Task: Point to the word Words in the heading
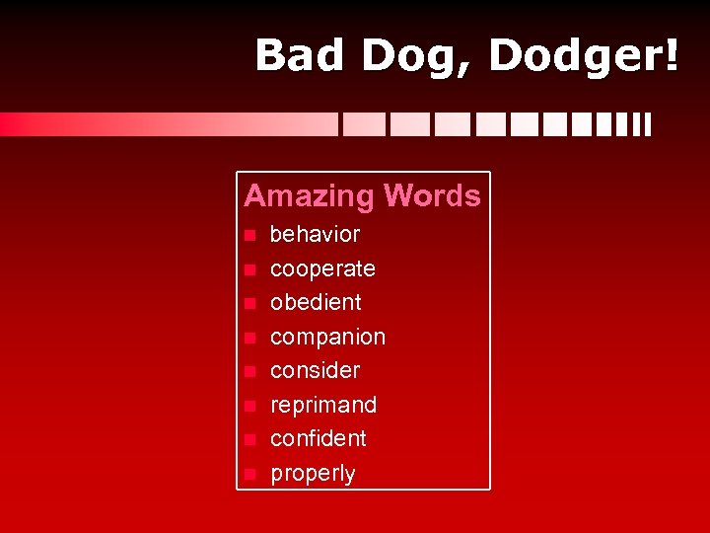point(433,195)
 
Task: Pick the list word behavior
point(315,235)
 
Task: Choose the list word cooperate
point(322,268)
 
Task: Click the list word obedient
point(316,302)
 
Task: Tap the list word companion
point(327,338)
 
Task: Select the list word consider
point(315,370)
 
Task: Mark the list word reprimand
point(323,405)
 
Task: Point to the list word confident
point(318,438)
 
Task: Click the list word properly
point(313,474)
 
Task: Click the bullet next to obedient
point(250,303)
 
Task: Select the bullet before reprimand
point(250,406)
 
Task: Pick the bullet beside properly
point(250,474)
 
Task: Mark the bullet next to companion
point(250,338)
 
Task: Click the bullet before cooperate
point(250,269)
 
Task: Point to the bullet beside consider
point(250,371)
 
